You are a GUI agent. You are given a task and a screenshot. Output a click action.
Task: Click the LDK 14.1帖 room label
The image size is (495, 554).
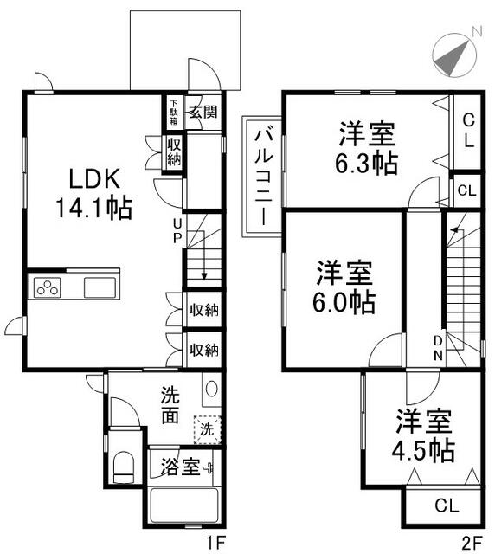click(93, 193)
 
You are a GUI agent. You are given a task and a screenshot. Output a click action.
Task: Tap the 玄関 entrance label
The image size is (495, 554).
click(203, 112)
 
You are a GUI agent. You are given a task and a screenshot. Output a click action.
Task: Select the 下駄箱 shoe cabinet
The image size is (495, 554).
click(174, 112)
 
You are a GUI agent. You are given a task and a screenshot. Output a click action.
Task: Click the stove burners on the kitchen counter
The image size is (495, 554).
click(48, 287)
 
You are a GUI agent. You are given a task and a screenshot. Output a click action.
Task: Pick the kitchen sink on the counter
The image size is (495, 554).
click(100, 287)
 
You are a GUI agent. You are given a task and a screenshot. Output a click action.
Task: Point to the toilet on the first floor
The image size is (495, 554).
click(123, 467)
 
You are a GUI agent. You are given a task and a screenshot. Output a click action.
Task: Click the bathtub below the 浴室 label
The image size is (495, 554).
click(183, 506)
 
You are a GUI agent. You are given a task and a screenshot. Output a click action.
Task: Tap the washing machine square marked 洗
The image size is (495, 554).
click(208, 429)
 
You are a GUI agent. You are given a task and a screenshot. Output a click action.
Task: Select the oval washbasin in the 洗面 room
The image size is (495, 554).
click(211, 389)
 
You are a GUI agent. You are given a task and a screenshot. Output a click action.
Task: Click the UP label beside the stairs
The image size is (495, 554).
click(177, 230)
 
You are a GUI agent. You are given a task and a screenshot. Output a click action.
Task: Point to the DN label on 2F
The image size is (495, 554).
click(438, 348)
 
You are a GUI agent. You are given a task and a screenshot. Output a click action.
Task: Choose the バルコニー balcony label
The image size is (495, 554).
click(264, 177)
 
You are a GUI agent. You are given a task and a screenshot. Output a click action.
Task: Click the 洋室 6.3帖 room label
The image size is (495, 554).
click(367, 148)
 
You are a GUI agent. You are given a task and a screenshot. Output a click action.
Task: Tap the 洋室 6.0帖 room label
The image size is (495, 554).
click(344, 287)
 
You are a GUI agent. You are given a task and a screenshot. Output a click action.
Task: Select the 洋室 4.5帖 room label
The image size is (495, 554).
click(424, 435)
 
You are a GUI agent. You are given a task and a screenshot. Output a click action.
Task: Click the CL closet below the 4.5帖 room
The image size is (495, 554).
click(447, 506)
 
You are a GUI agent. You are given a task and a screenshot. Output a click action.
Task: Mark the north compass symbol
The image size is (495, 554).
click(455, 55)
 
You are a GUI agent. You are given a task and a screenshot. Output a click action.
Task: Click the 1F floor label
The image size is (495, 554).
click(215, 542)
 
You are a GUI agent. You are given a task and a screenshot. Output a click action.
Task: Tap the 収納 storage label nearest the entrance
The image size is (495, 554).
click(174, 152)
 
